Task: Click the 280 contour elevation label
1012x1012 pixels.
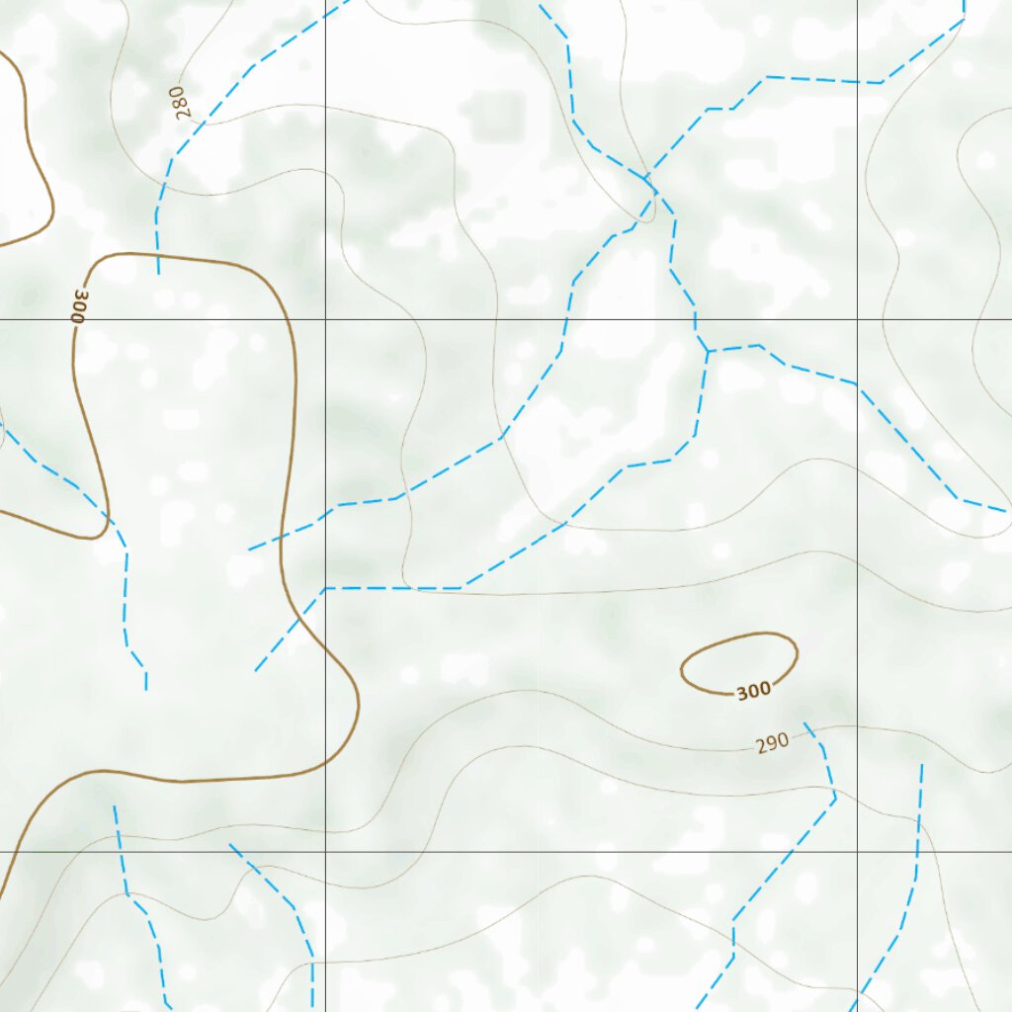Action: tap(183, 102)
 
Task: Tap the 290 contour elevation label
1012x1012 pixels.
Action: tap(773, 742)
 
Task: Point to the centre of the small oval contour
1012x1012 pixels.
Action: tap(739, 663)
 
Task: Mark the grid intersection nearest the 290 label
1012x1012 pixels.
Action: tap(857, 851)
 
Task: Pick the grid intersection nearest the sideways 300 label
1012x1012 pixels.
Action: tap(1, 319)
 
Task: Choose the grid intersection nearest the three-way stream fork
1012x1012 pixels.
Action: tap(857, 319)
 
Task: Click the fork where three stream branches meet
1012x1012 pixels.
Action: tap(707, 352)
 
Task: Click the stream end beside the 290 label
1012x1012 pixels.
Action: tap(805, 723)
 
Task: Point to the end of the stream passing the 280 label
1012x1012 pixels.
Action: tap(158, 274)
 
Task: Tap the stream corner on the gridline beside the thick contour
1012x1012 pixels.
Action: tap(325, 588)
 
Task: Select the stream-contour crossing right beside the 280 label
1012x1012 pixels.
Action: tap(203, 123)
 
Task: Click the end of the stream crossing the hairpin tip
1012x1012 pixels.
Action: tap(146, 689)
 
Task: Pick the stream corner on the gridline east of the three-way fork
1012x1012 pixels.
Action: tap(857, 385)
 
